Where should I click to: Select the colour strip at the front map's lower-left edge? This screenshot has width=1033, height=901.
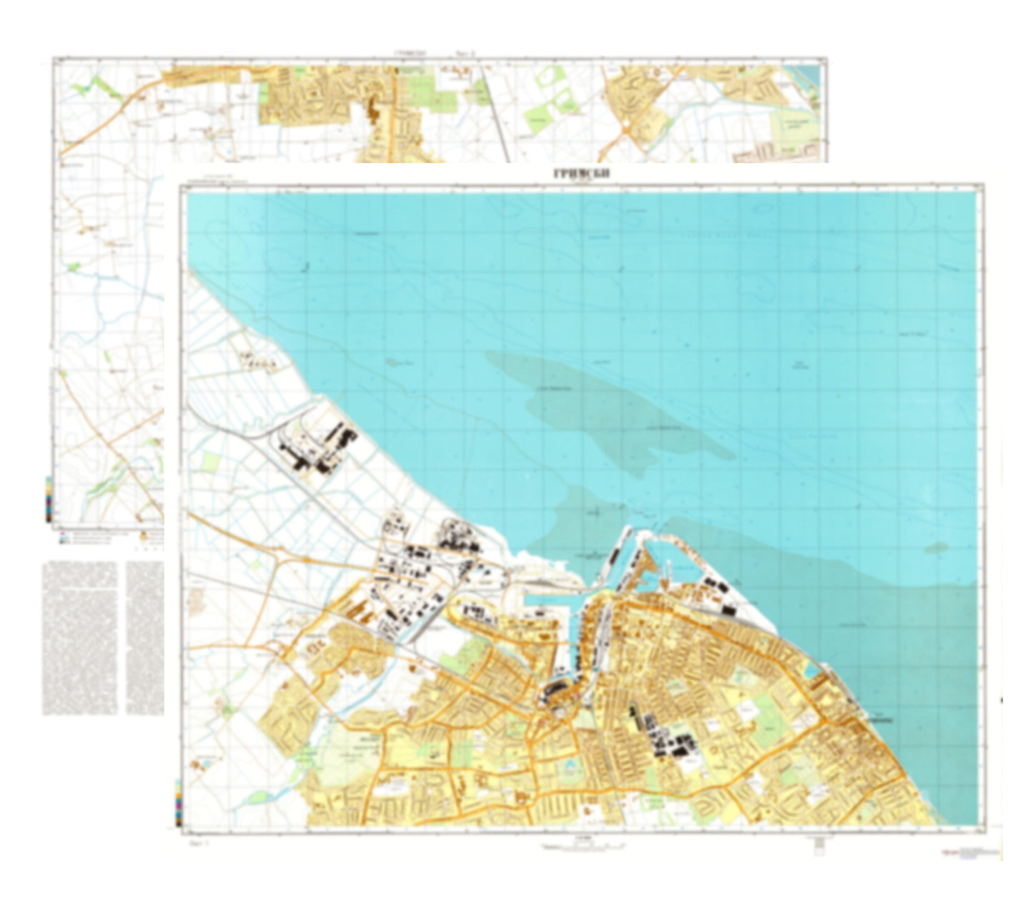[177, 801]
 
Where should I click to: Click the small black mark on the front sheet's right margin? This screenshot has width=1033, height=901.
[1001, 700]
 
